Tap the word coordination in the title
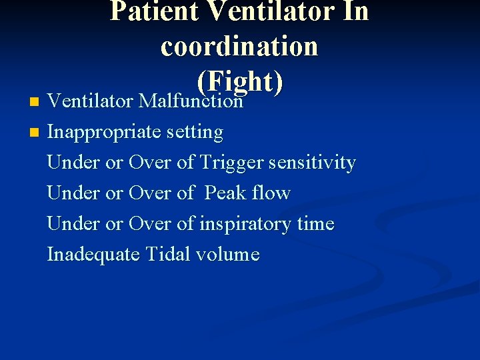[239, 46]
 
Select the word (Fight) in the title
[240, 81]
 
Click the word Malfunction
[190, 101]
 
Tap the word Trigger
[231, 163]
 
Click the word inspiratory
[245, 224]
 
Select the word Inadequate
[95, 255]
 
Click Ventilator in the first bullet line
[90, 101]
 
